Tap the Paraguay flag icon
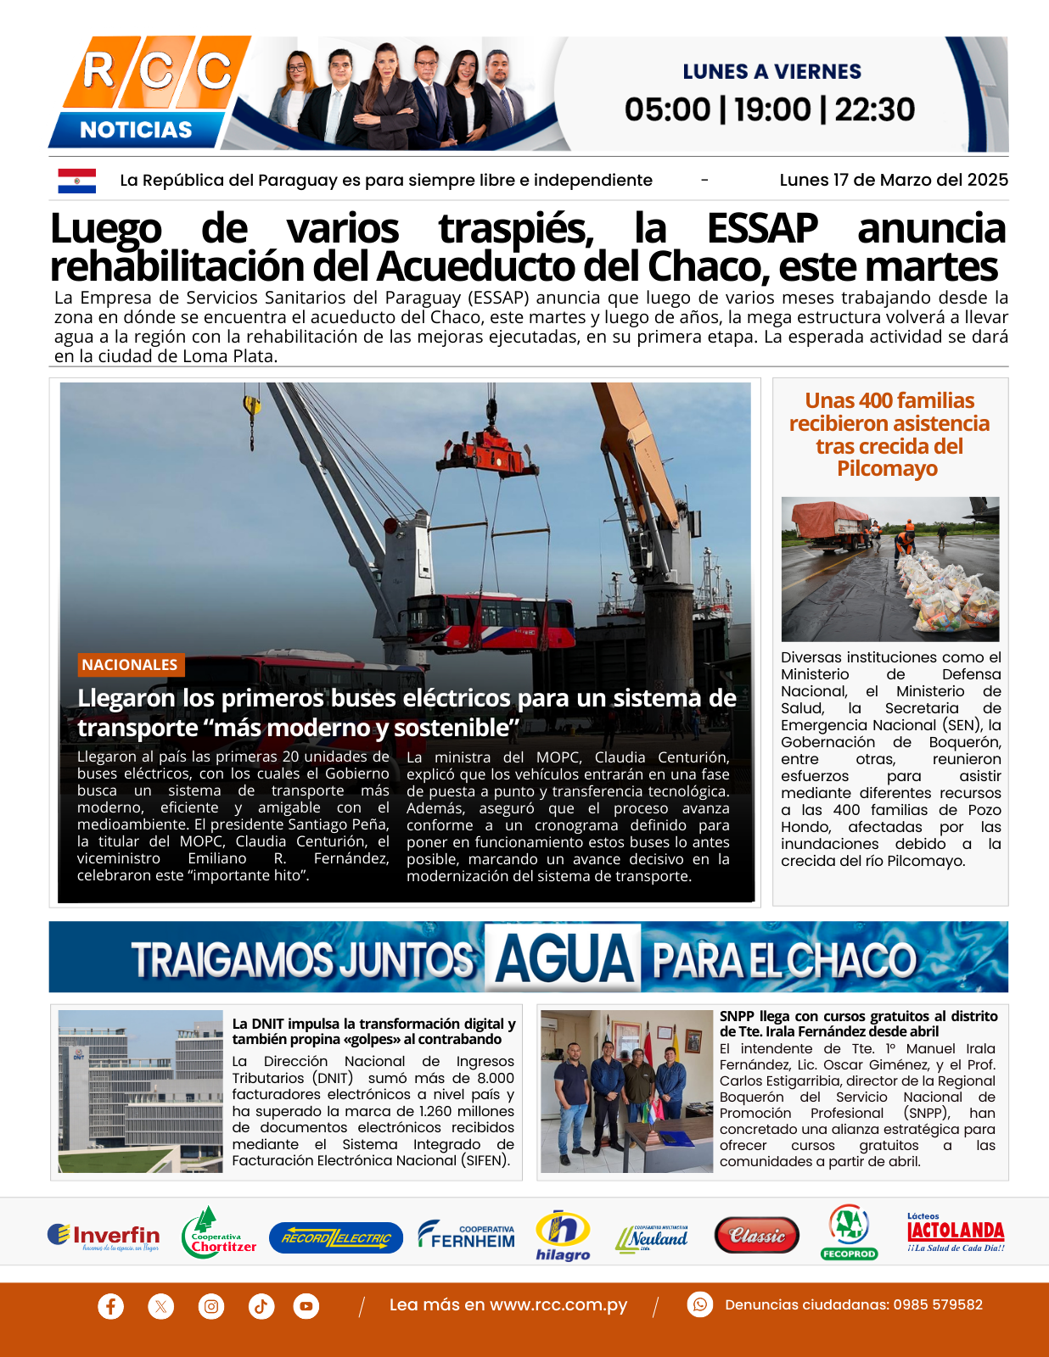tap(76, 180)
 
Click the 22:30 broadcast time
tap(874, 109)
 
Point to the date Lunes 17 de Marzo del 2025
tap(893, 180)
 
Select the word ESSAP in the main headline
tap(761, 229)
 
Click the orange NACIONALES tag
tap(130, 665)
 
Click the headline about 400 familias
tap(889, 434)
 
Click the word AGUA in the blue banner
tap(564, 958)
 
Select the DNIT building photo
tap(141, 1092)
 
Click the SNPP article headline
tap(858, 1024)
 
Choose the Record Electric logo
tap(336, 1238)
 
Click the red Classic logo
tap(757, 1237)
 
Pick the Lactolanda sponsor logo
tap(956, 1233)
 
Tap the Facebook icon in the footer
tap(110, 1306)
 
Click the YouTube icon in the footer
tap(306, 1306)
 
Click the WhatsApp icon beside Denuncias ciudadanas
tap(700, 1304)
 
